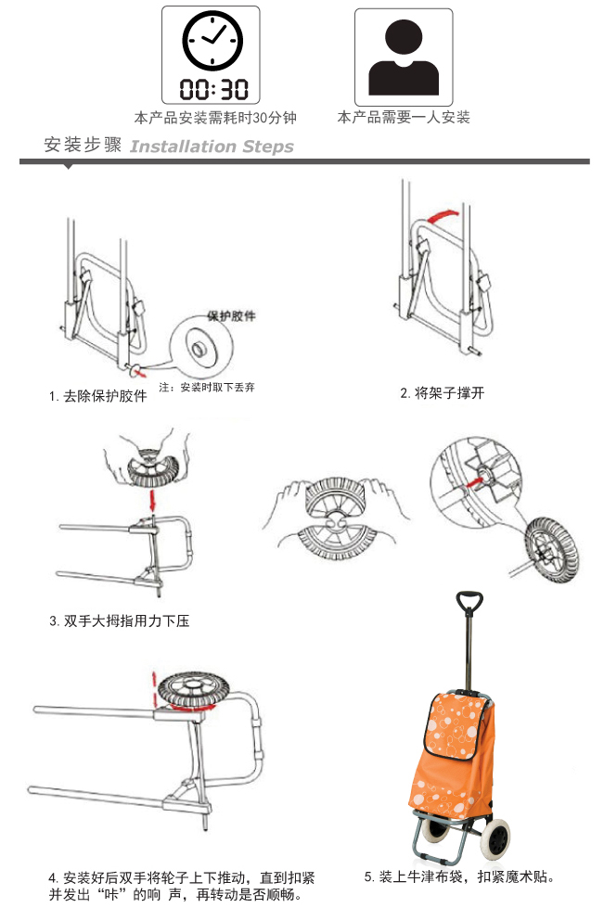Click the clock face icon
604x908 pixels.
(212, 41)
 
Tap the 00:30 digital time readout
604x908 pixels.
(213, 89)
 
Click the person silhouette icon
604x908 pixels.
(404, 58)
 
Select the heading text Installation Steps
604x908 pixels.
(212, 147)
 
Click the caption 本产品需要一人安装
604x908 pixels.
(404, 118)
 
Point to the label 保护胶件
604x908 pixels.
(232, 315)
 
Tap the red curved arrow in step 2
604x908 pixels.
(442, 216)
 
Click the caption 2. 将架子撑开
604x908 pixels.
(442, 393)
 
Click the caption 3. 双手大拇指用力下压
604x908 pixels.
(120, 620)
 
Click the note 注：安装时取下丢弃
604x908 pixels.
(207, 388)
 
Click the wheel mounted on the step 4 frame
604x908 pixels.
(194, 690)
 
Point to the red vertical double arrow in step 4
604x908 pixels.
(154, 690)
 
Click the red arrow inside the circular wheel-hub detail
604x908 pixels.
(475, 481)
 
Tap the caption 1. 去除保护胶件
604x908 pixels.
(97, 396)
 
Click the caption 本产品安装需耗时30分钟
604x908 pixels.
(215, 118)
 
